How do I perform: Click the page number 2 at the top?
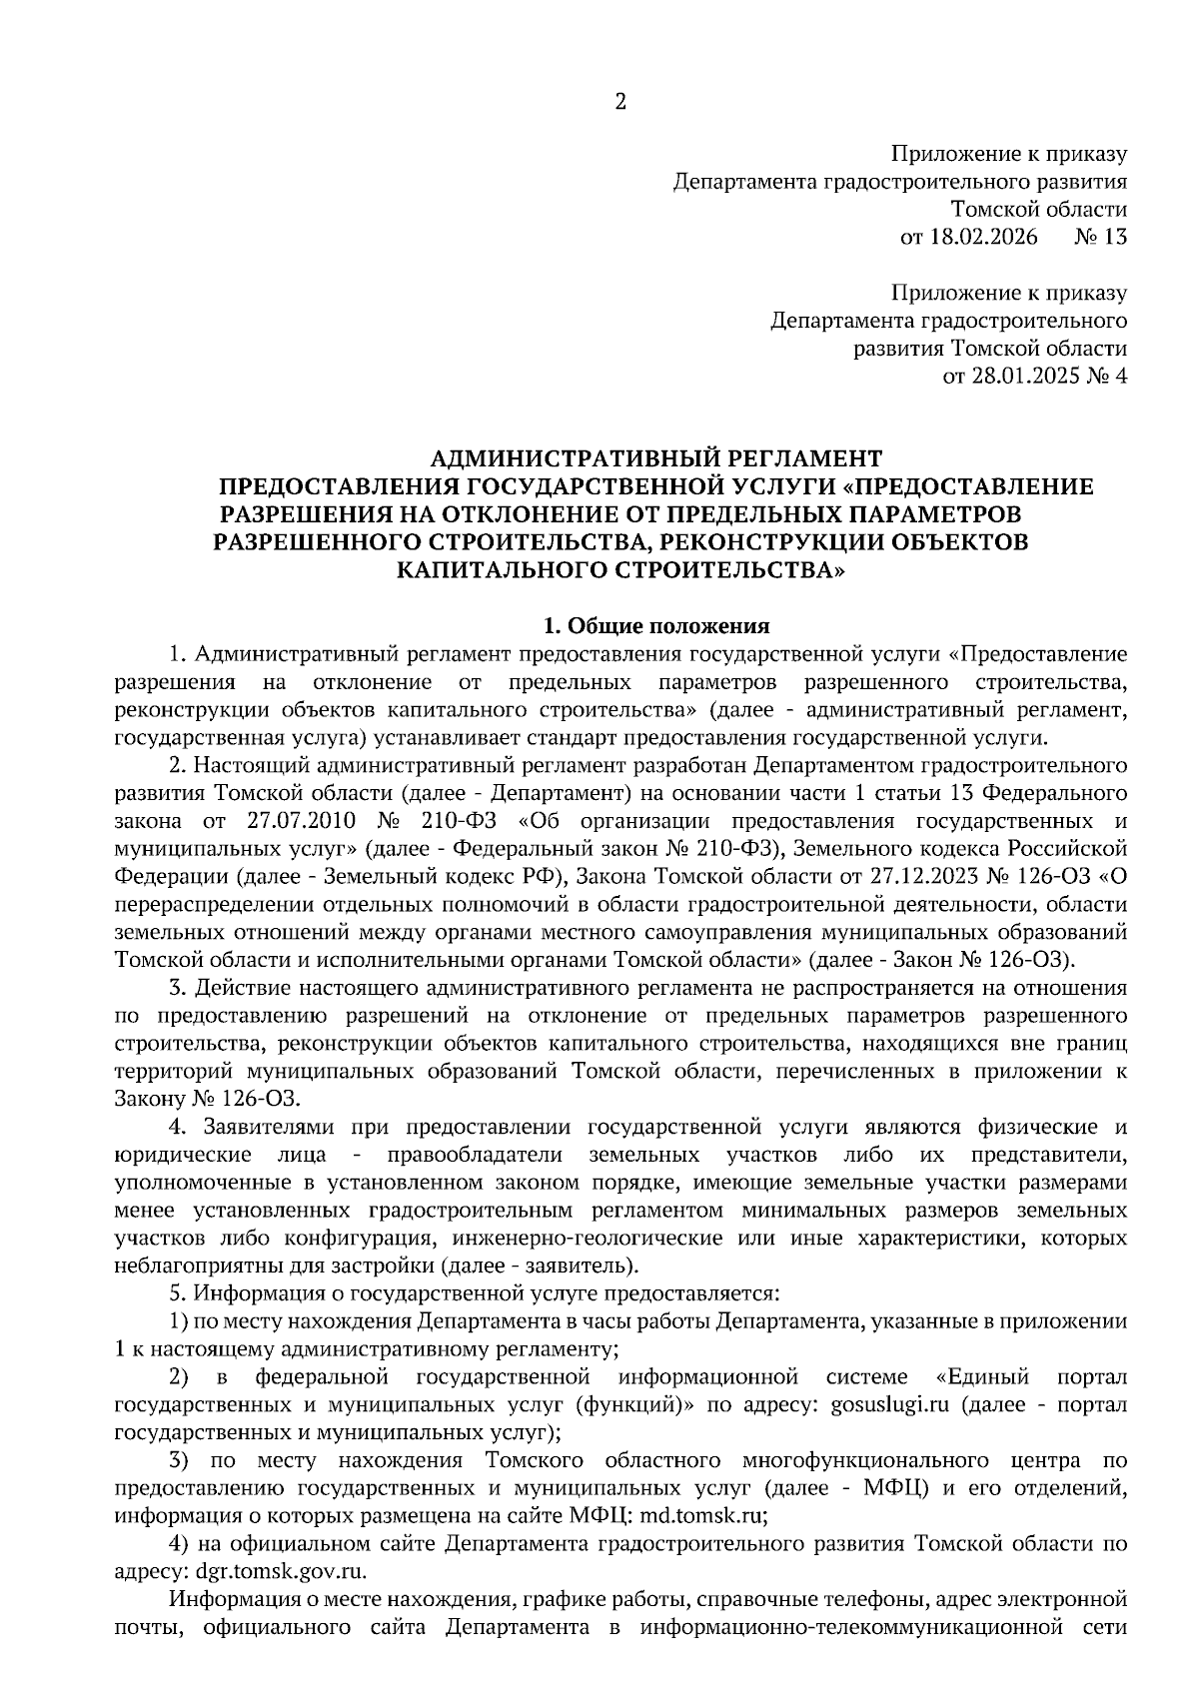(619, 102)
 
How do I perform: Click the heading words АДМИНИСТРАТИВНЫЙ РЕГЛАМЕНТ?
(655, 458)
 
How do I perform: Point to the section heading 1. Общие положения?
(655, 626)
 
